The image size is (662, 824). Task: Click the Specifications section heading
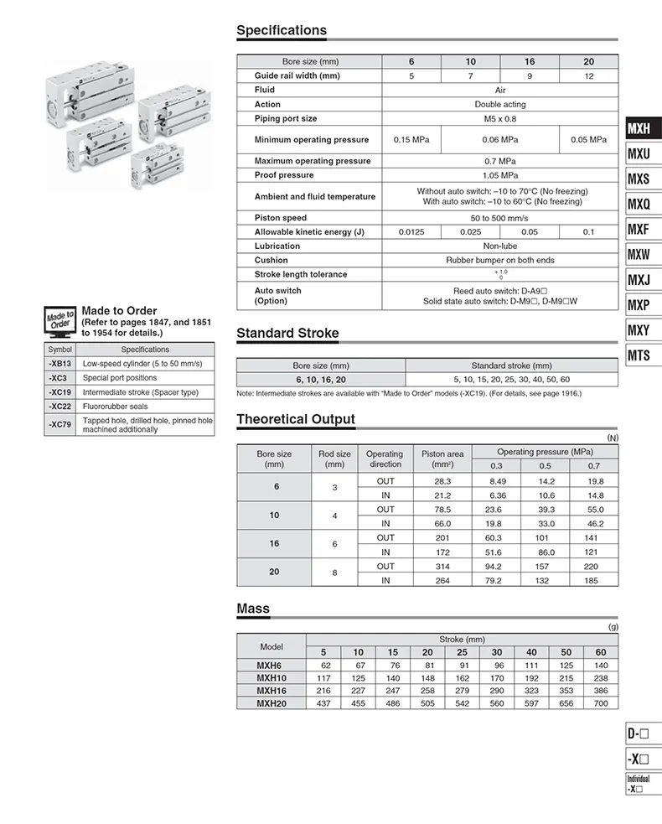(x=282, y=31)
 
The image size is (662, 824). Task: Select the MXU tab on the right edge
(x=639, y=154)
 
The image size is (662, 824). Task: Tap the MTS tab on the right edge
(x=639, y=355)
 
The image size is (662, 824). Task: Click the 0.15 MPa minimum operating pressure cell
(x=411, y=140)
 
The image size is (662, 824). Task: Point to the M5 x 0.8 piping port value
(x=499, y=119)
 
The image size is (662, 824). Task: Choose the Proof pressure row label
(x=284, y=175)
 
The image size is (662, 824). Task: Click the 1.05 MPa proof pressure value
(x=499, y=175)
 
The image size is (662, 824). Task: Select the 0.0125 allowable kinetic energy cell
(x=411, y=232)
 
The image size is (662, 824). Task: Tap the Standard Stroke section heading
(x=287, y=334)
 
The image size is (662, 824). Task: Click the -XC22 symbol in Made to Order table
(x=60, y=407)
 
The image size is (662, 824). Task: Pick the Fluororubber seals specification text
(x=116, y=407)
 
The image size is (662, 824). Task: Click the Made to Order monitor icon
(x=59, y=321)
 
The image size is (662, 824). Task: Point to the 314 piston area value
(x=443, y=566)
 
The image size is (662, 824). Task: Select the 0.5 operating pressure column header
(x=546, y=465)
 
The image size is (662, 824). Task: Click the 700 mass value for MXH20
(x=601, y=702)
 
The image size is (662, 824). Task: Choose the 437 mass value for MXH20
(x=323, y=702)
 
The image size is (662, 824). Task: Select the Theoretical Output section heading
(x=296, y=419)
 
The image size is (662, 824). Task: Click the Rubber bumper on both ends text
(x=499, y=260)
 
